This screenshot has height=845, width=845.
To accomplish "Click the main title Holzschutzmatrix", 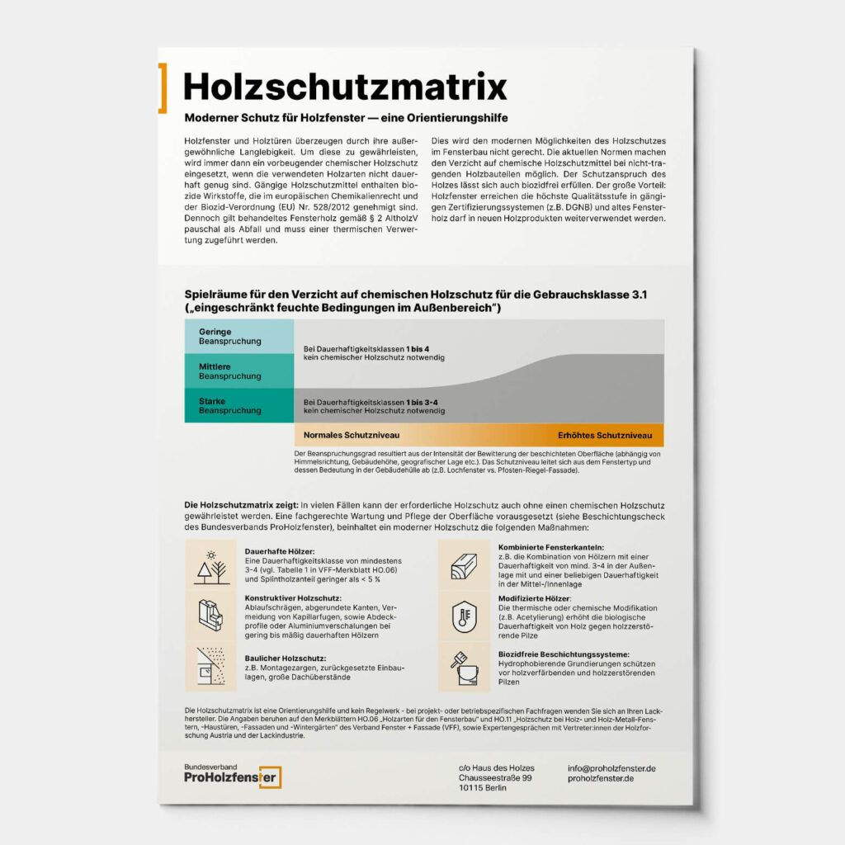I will click(345, 86).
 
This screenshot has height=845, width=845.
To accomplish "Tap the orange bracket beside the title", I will click(163, 87).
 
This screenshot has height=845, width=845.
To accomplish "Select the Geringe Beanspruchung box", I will click(238, 337).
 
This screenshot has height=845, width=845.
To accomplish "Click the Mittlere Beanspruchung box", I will click(238, 371).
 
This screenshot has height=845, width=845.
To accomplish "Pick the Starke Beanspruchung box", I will click(238, 405).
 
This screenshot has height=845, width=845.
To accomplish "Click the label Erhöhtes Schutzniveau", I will click(604, 435).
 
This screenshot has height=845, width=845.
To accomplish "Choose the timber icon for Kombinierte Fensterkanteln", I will click(465, 566).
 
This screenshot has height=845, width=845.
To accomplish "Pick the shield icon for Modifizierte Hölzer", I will click(465, 615).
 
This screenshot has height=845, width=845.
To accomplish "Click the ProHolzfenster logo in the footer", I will click(232, 776).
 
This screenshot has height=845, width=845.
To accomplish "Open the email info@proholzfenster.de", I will click(611, 768).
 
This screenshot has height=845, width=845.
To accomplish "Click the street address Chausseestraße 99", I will click(495, 778).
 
